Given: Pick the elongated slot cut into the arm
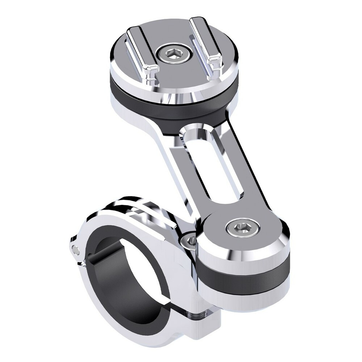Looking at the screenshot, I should click(x=214, y=167).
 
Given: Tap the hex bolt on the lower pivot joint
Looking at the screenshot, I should click(x=242, y=228).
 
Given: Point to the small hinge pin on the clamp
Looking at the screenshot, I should click(x=75, y=249).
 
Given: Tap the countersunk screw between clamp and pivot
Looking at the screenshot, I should click(x=191, y=240).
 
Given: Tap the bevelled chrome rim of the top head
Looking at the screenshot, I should click(x=174, y=89).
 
